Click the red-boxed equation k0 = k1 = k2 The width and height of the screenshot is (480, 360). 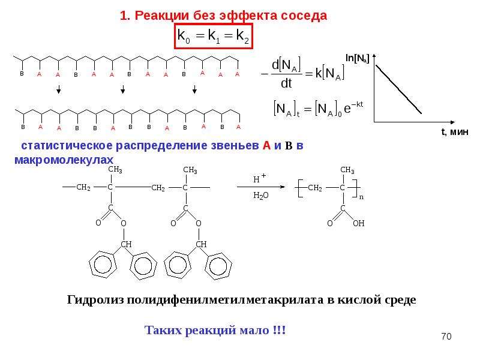pos(214,36)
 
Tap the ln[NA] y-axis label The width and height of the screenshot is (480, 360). pos(357,58)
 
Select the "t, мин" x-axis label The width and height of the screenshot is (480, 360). pos(455,131)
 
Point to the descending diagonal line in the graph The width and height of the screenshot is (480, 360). pos(398,89)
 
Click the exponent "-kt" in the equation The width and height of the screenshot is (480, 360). pos(357,104)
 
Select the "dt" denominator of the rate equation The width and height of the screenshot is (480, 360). pos(286,83)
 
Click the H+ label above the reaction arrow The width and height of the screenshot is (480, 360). pos(260,178)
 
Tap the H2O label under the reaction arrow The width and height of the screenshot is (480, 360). pos(261,196)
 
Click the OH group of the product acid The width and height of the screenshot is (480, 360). pos(358,223)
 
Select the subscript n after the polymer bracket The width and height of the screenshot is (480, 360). pos(362,197)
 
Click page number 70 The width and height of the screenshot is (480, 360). pos(446,336)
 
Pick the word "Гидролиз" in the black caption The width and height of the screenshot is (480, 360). pos(95,299)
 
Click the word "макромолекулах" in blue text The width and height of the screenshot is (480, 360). pos(64,160)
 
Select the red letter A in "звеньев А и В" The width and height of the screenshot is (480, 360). pos(266,145)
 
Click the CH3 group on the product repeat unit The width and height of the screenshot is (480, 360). pos(347,170)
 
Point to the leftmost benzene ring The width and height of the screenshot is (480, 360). pos(103,265)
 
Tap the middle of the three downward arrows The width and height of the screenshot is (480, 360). pos(123,89)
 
